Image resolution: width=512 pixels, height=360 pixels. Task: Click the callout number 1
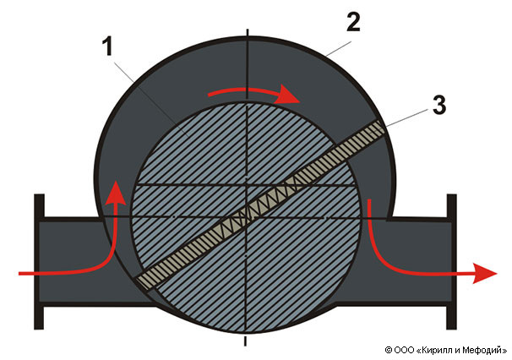pyautogui.click(x=108, y=46)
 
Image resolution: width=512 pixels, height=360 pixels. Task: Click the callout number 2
pyautogui.click(x=353, y=23)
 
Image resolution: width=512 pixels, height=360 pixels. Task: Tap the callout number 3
pyautogui.click(x=439, y=105)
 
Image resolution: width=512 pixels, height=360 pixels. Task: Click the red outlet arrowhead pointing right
pyautogui.click(x=485, y=273)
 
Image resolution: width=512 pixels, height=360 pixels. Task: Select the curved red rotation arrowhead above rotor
pyautogui.click(x=286, y=94)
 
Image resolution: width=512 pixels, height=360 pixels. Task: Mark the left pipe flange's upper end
pyautogui.click(x=39, y=196)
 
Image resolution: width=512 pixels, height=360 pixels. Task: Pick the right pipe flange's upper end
pyautogui.click(x=452, y=196)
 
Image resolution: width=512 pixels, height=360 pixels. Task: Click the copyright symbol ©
pyautogui.click(x=389, y=350)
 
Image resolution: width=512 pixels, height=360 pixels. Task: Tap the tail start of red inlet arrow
pyautogui.click(x=19, y=274)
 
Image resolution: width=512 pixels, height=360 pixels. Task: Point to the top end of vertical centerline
pyautogui.click(x=248, y=30)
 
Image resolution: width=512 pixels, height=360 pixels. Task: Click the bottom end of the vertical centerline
pyautogui.click(x=245, y=345)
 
